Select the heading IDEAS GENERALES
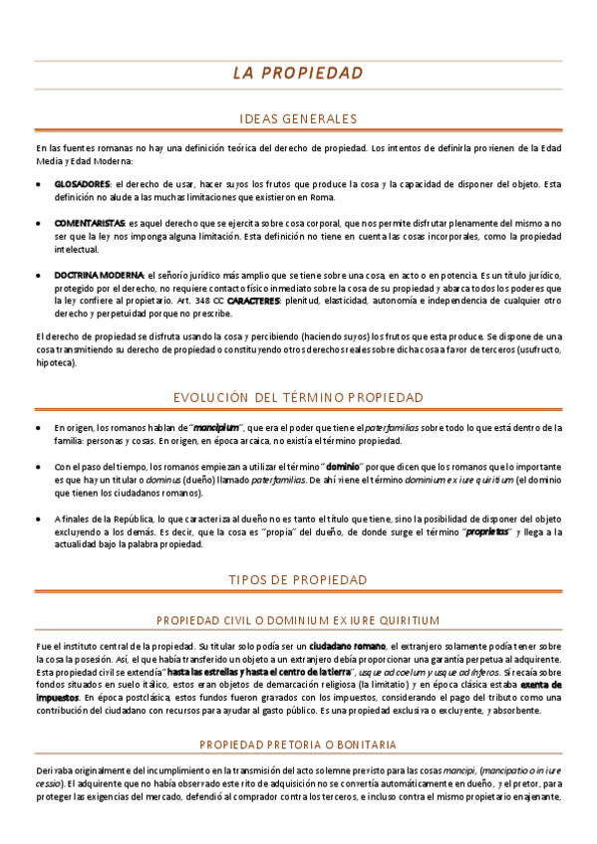tap(298, 118)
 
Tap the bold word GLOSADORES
tap(82, 184)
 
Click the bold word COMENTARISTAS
tap(90, 224)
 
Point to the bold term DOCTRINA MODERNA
tap(99, 275)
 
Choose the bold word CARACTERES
tap(254, 300)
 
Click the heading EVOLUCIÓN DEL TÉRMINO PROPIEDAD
tap(298, 397)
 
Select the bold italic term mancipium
tap(216, 427)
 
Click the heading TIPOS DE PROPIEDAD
tap(298, 579)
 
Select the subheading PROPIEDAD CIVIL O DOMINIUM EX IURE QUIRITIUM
tap(298, 619)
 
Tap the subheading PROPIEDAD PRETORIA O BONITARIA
tap(298, 743)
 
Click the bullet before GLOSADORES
tap(38, 185)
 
